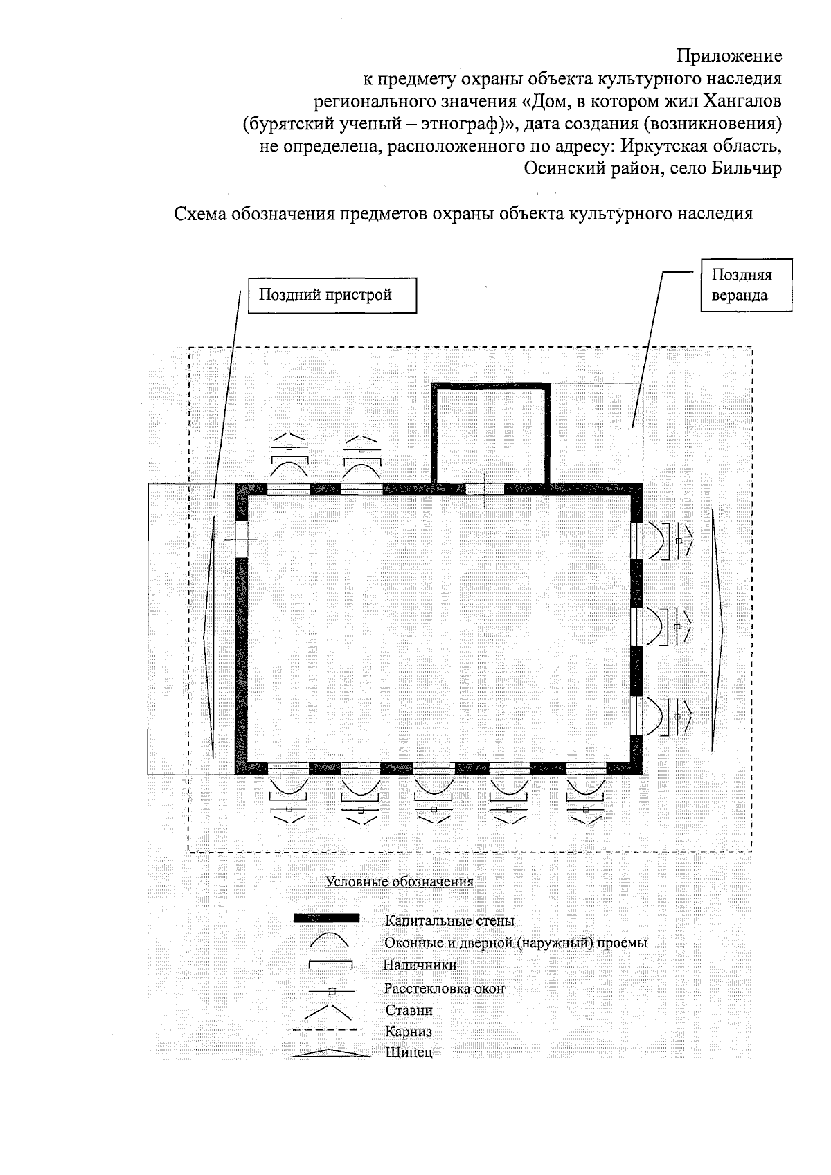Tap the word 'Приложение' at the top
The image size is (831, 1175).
tap(729, 55)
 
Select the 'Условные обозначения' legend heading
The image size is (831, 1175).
tap(400, 882)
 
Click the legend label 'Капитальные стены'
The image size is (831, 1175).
tap(449, 921)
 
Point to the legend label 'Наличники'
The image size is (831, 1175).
tap(420, 965)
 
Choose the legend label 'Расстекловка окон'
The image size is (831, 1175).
tap(444, 988)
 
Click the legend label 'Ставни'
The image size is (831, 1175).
tap(409, 1010)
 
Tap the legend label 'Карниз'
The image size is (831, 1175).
tap(409, 1032)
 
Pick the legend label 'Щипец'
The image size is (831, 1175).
tap(409, 1053)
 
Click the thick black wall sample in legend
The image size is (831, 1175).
tap(326, 919)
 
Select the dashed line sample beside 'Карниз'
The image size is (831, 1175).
tap(326, 1031)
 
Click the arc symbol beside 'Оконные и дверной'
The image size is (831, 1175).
tap(328, 941)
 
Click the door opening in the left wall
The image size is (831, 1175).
tap(241, 539)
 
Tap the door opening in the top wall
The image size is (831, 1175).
tap(484, 489)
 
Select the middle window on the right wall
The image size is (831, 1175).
tap(637, 626)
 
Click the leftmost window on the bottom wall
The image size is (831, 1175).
tap(288, 768)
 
